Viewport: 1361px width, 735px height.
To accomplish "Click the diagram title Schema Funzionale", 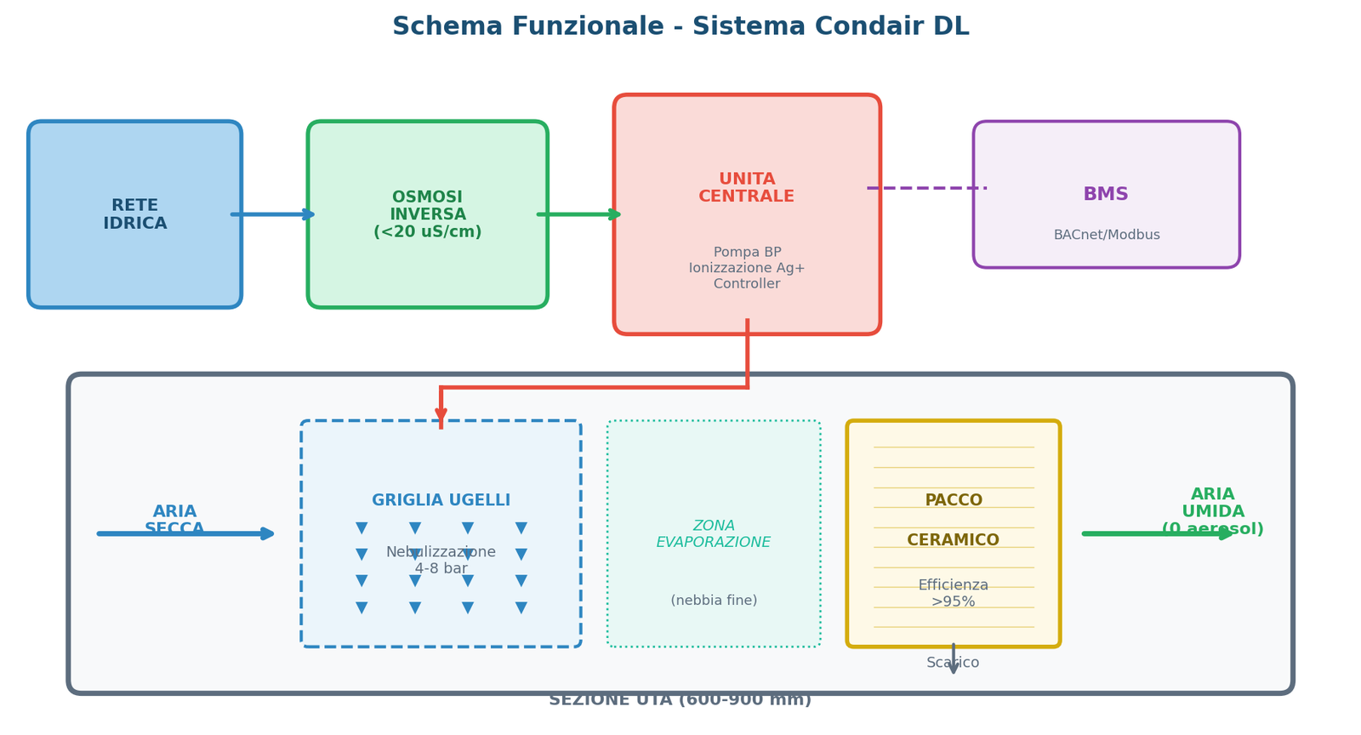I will click(x=680, y=26).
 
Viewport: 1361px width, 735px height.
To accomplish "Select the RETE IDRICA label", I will click(x=135, y=214).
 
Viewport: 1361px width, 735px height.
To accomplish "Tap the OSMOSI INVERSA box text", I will click(x=427, y=214).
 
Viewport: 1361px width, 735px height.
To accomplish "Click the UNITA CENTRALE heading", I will click(x=746, y=188).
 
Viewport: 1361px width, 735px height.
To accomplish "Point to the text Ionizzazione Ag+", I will click(x=746, y=268).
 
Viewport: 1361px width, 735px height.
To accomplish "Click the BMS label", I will click(x=1105, y=194).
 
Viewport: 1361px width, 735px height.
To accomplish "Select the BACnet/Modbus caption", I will click(x=1106, y=235).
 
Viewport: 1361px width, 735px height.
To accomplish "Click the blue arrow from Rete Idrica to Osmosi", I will click(x=272, y=214).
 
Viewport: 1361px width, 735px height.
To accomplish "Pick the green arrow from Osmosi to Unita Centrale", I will click(x=578, y=214).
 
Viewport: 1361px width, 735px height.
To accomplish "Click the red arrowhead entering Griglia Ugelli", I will click(x=441, y=415).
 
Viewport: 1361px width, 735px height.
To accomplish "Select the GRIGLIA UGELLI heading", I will click(x=441, y=500).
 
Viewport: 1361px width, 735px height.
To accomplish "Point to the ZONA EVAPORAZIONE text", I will click(x=713, y=534).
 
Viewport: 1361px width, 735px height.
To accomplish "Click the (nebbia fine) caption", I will click(x=713, y=601).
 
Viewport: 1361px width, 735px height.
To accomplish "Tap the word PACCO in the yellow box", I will click(x=953, y=500).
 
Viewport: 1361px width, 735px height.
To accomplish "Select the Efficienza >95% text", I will click(x=953, y=593).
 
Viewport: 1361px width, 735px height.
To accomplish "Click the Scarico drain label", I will click(x=953, y=663).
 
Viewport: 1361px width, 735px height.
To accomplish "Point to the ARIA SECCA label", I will click(x=174, y=520).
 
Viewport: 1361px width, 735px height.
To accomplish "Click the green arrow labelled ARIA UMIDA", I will click(x=1157, y=533).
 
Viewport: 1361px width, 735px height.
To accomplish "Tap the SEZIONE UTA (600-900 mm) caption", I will click(x=680, y=700).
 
